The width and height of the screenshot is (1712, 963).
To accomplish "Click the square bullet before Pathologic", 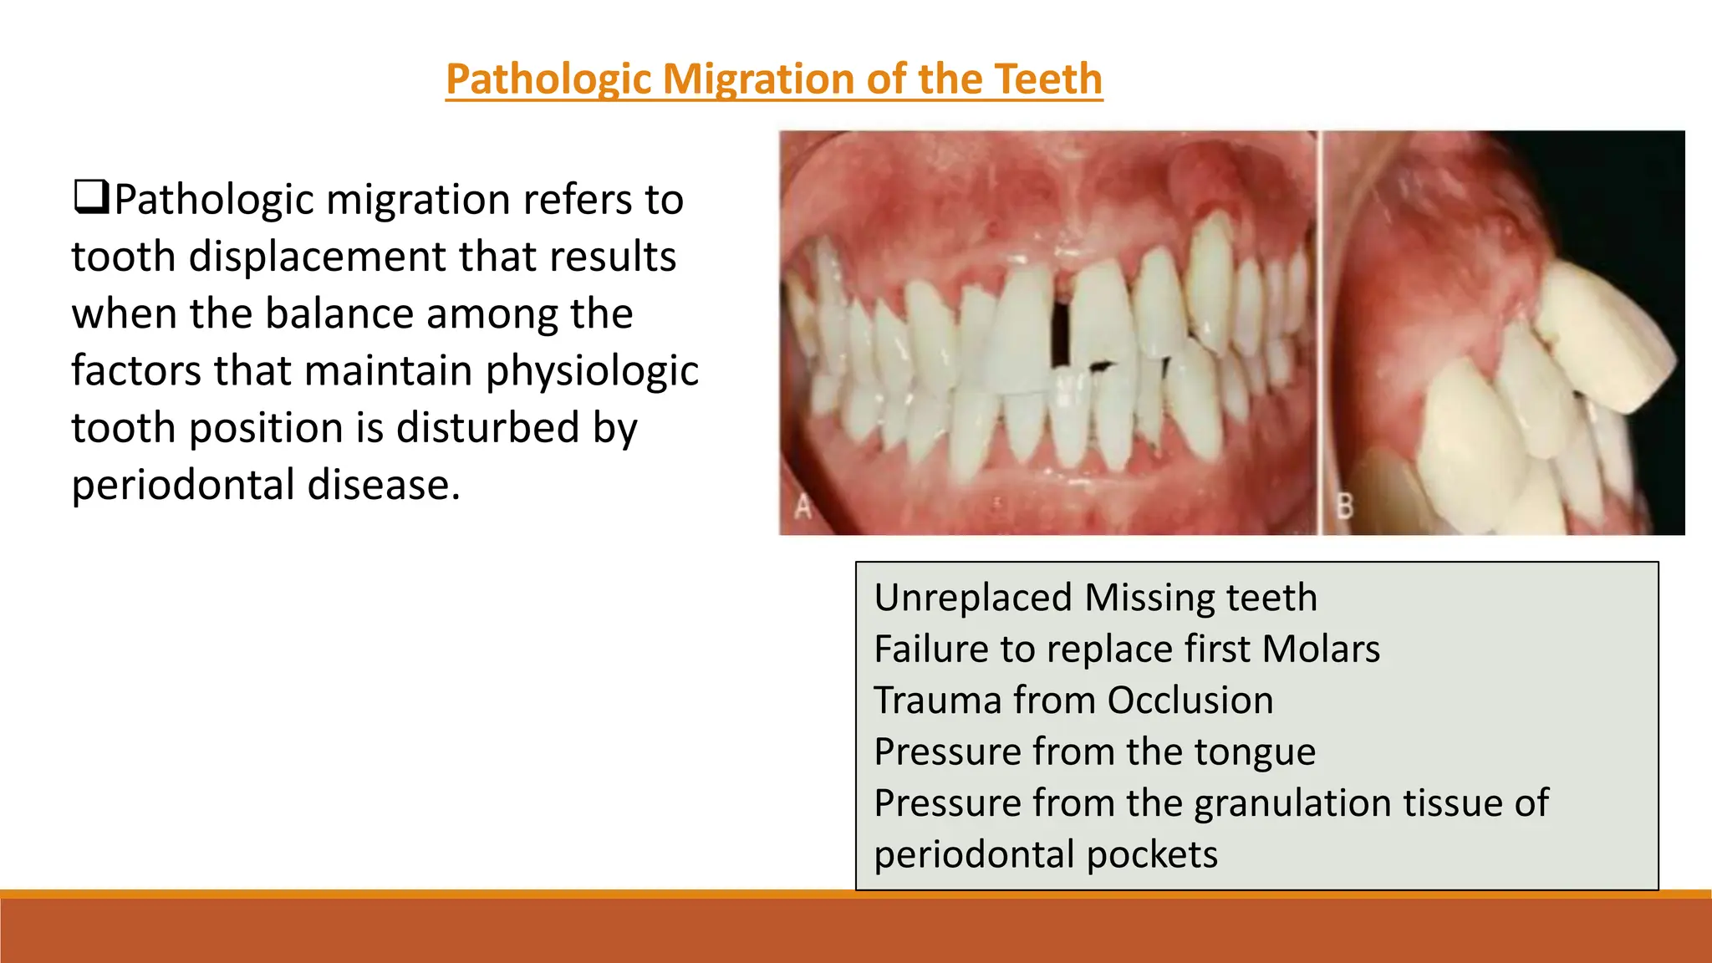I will [90, 197].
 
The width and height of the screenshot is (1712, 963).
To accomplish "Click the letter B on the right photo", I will [1344, 506].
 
